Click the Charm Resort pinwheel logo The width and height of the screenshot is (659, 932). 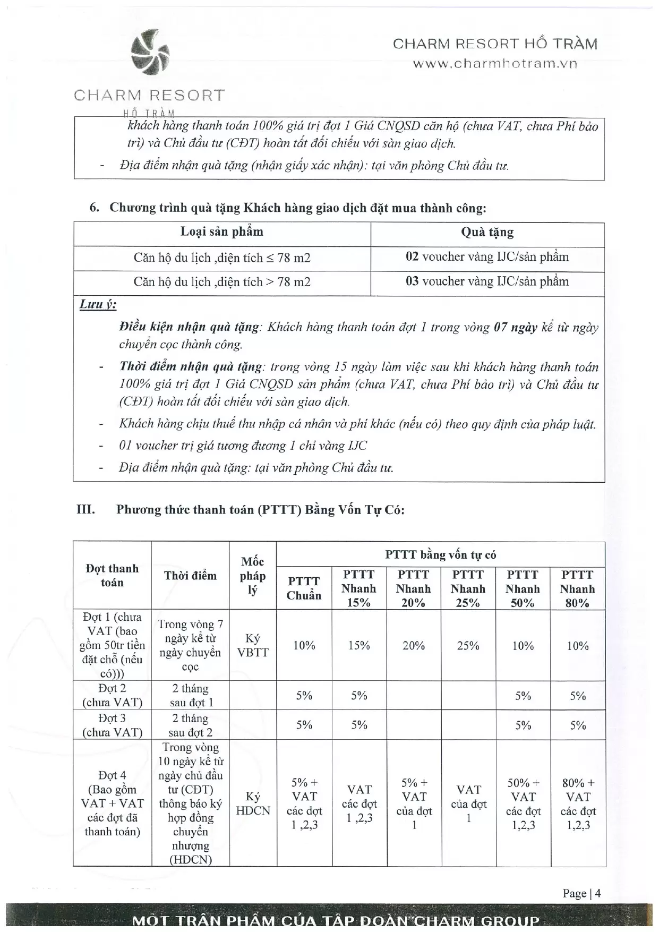150,52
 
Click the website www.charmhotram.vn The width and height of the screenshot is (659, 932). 495,64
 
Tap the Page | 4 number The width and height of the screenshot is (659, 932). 581,893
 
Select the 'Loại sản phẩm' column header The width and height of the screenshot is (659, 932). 222,232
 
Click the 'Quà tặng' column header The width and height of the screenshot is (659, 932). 487,232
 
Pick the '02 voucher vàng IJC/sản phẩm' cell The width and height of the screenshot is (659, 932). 487,257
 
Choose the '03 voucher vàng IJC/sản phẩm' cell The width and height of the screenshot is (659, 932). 487,281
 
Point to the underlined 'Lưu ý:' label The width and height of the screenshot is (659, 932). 98,304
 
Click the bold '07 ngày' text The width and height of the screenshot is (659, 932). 515,327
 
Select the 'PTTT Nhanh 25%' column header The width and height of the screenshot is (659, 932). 468,588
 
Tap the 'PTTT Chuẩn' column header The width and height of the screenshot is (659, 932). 304,588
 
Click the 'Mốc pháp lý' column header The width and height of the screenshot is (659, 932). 253,576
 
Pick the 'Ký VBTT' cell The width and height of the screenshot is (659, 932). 253,645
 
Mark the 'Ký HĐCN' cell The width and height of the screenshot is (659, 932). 253,803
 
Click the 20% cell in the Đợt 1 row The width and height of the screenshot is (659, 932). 414,645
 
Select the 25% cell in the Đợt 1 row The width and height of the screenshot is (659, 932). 468,645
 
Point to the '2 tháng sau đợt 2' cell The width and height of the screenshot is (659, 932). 191,725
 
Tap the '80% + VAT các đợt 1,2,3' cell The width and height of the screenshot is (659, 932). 578,803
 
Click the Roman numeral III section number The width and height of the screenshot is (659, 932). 85,510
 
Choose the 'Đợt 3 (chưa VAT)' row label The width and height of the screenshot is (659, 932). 112,725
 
